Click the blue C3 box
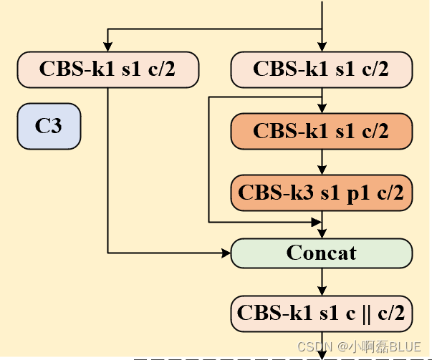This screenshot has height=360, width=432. click(x=49, y=127)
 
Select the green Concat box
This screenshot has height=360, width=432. click(x=322, y=253)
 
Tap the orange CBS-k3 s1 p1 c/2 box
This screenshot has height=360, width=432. click(x=322, y=192)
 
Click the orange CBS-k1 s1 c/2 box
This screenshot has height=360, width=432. click(x=322, y=131)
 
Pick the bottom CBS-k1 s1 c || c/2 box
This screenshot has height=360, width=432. click(x=322, y=313)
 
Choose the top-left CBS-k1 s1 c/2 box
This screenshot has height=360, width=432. click(x=107, y=69)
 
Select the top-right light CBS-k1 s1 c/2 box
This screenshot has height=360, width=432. click(x=322, y=69)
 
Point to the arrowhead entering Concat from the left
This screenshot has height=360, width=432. click(x=226, y=253)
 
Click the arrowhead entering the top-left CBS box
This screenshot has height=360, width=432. click(x=107, y=48)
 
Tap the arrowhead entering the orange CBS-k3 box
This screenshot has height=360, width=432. click(x=322, y=170)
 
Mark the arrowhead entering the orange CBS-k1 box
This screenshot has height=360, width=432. click(x=322, y=109)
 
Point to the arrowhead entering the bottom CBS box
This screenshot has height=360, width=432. click(x=322, y=291)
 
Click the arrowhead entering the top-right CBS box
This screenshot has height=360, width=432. click(x=322, y=48)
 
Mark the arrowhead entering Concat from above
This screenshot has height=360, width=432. click(x=322, y=234)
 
